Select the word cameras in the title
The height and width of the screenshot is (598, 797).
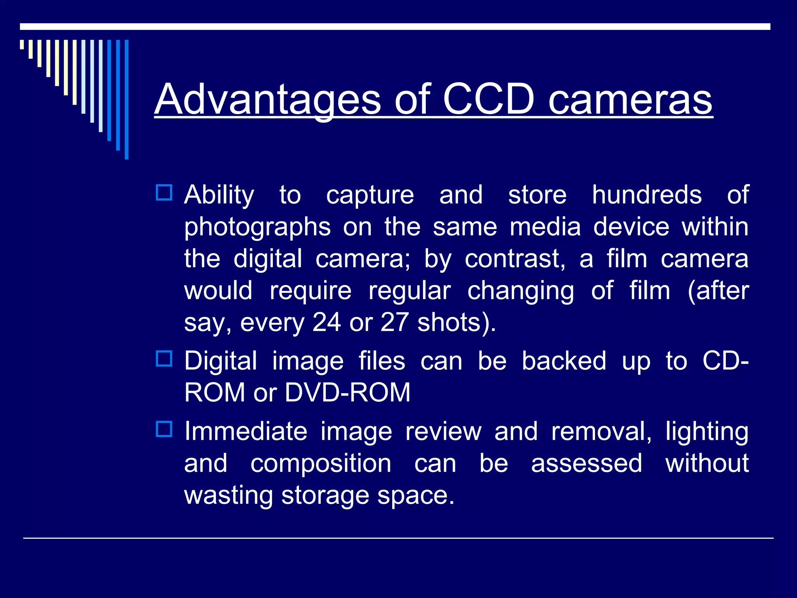coord(630,100)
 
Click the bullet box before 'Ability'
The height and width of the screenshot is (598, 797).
coord(164,192)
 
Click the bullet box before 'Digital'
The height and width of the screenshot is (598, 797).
coord(164,359)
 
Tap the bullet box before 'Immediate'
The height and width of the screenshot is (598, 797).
coord(164,429)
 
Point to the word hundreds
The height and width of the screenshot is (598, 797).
coord(647,195)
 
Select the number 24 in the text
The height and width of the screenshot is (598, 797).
coord(327,322)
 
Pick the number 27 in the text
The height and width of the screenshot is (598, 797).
coord(394,322)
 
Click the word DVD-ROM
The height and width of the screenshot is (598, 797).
coord(348,392)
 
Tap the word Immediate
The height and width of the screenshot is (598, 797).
coord(246,431)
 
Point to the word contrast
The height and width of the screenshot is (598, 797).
coord(515,259)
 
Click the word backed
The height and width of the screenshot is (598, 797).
coord(564,361)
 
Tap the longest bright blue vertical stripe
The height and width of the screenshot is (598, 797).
coord(126,99)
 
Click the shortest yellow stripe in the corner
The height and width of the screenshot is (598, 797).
coord(22,44)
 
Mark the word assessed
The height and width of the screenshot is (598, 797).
coord(586,463)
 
